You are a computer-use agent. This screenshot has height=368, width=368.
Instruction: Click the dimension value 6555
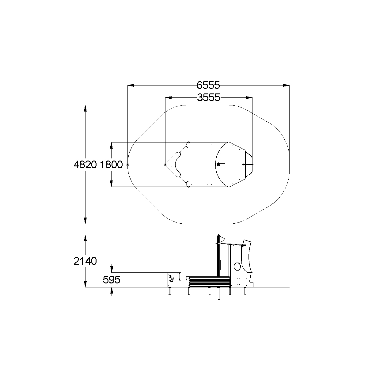(208, 85)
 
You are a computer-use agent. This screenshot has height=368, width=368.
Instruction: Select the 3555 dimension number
(209, 97)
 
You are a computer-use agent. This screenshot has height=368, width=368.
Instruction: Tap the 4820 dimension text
(85, 165)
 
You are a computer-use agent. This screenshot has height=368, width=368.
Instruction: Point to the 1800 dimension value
(111, 165)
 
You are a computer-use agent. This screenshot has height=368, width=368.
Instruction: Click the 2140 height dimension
(85, 261)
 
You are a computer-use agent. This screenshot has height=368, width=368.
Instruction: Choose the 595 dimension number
(112, 280)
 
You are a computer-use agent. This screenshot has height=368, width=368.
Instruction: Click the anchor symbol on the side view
(172, 278)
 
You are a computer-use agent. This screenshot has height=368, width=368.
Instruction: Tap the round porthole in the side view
(237, 266)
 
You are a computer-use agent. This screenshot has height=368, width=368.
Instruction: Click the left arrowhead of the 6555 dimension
(131, 85)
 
